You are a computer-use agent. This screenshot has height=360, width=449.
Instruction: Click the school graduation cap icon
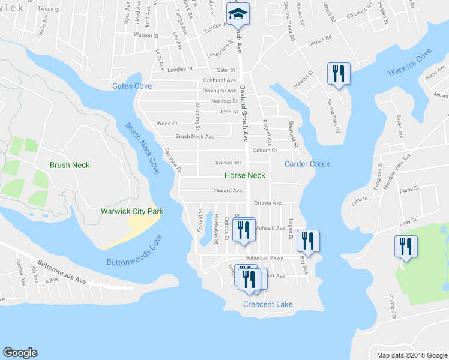click(237, 13)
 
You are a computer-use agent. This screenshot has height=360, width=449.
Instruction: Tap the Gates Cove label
click(132, 86)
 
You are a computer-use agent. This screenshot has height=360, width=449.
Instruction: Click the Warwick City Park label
click(132, 211)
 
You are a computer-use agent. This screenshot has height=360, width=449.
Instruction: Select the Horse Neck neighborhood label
click(244, 176)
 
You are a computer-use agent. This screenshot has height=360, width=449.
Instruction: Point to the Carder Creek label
click(307, 164)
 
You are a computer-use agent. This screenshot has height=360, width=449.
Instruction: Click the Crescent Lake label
click(268, 305)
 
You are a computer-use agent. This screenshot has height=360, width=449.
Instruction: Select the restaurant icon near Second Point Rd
click(338, 74)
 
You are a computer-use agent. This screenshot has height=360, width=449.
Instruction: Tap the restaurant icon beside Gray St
click(405, 246)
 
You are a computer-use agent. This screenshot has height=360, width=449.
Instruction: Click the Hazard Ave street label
click(228, 191)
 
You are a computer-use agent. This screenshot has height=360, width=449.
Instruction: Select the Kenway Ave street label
click(229, 163)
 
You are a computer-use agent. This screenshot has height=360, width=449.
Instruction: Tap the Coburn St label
click(264, 151)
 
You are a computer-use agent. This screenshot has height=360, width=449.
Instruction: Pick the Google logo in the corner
click(20, 353)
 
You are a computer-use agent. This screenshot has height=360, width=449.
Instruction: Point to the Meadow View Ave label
click(398, 164)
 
